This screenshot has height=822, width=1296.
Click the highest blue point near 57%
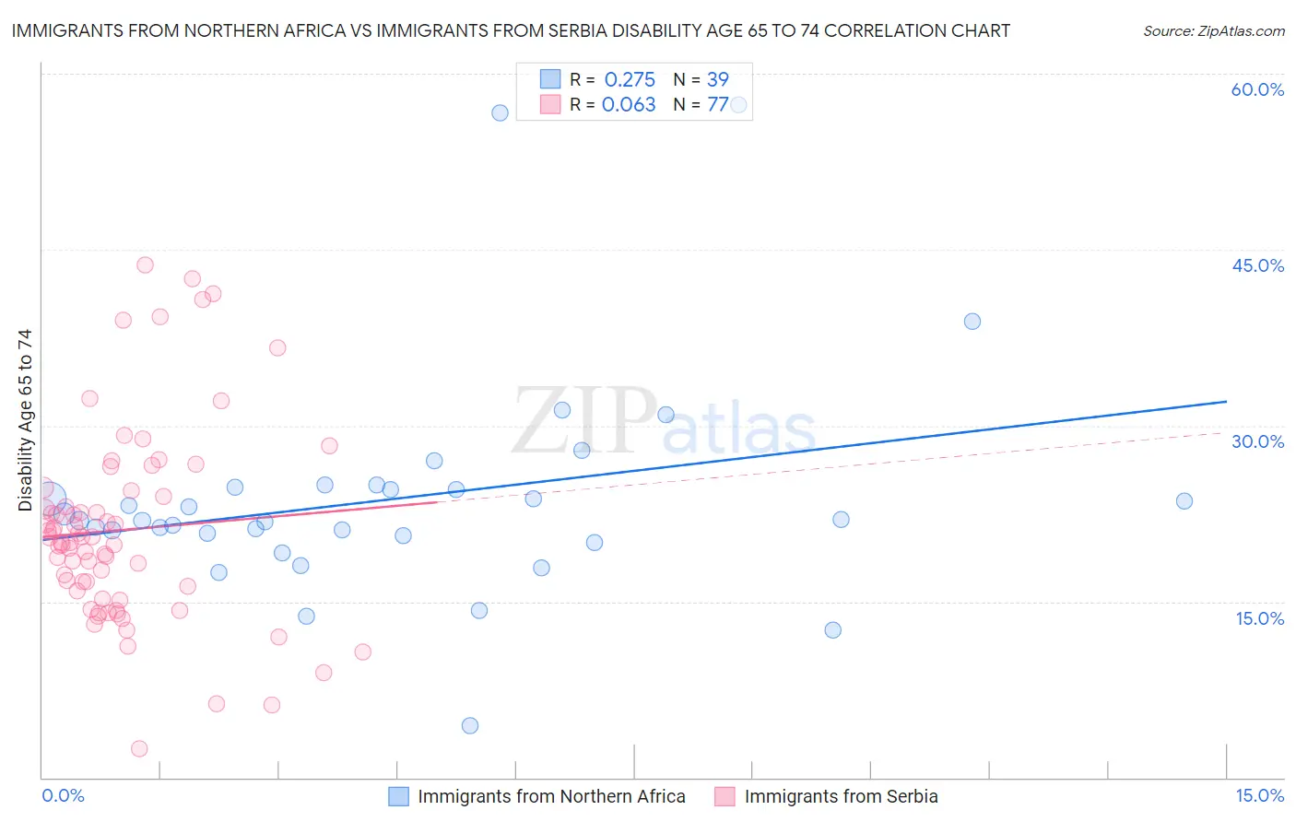coord(500,112)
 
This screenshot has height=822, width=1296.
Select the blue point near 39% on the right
coord(972,322)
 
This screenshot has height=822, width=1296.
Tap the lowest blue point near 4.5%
coord(470,725)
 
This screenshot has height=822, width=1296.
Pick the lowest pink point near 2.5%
coord(139,748)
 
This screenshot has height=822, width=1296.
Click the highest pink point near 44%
coord(145,264)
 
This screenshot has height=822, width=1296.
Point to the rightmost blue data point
coord(1184,501)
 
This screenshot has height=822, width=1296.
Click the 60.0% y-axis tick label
coord(1257,89)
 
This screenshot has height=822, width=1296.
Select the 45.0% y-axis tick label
coord(1257,265)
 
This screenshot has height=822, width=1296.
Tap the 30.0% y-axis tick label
coord(1257,441)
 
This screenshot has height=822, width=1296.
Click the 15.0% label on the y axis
coord(1259,618)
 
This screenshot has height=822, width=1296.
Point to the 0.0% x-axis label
coord(63,795)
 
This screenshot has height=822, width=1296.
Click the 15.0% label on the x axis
coord(1259,795)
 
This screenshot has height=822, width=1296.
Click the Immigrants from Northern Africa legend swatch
coord(398,796)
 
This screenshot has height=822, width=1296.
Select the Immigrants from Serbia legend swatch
coord(725,796)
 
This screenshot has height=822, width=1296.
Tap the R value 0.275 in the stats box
coord(630,79)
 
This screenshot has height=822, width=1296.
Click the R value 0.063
coord(629,104)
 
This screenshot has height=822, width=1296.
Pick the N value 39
coord(717,79)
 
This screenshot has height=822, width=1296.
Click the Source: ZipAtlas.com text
coord(1213,31)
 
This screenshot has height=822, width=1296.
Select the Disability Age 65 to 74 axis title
coord(25,420)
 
